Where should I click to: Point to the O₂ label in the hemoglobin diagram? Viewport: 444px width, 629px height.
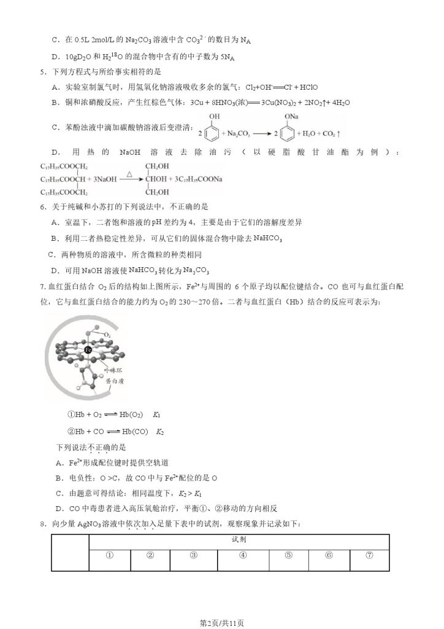click(107, 335)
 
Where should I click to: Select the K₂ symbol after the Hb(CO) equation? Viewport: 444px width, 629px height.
click(160, 432)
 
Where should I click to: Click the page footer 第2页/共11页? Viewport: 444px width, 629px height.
click(222, 622)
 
